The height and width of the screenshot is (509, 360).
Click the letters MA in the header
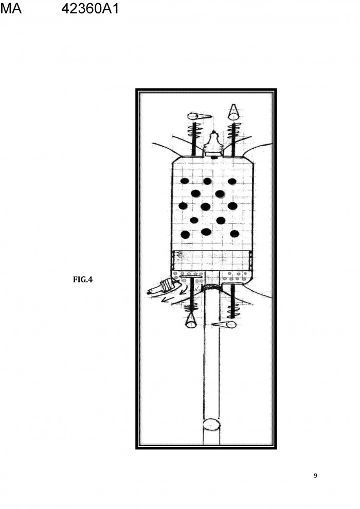(x=11, y=8)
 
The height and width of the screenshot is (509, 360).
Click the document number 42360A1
(x=90, y=8)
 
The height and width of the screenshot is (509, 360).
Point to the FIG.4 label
(x=83, y=279)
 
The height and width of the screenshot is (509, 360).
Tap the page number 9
(x=315, y=476)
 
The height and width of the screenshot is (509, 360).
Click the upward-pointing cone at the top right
(x=232, y=112)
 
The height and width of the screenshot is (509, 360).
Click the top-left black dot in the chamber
(x=185, y=181)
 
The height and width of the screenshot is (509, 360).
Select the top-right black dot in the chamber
(x=232, y=181)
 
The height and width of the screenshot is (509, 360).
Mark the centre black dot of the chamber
(x=206, y=206)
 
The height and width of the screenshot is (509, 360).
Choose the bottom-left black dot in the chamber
(x=185, y=234)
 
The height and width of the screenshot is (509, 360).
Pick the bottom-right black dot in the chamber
(x=235, y=234)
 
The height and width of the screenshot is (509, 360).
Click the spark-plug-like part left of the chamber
(x=163, y=287)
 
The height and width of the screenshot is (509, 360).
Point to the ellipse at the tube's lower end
(x=211, y=424)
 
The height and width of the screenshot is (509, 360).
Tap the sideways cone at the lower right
(x=224, y=324)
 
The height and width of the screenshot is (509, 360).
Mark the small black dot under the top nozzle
(x=213, y=157)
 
